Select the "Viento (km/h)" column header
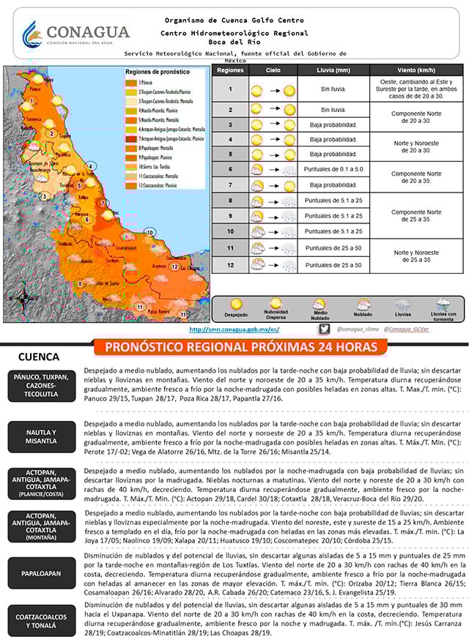[416, 70]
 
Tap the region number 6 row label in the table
[230, 170]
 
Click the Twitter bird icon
[325, 329]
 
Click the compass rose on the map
[24, 297]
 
